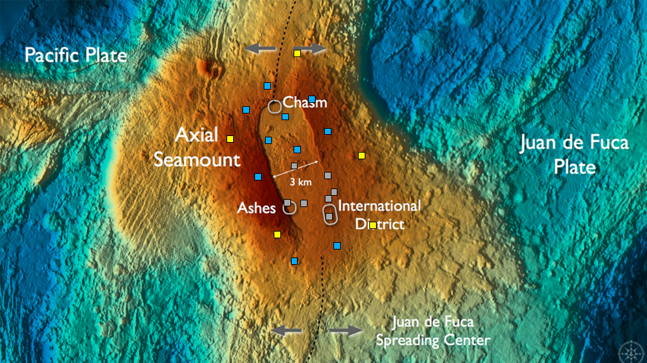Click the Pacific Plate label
pos(76,54)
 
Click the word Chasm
pos(306,103)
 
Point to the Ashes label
pos(257,208)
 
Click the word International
pos(380,206)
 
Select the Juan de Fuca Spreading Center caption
pos(432,331)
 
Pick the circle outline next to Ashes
pos(289,207)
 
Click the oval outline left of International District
pos(329,214)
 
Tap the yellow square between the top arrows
pos(298,53)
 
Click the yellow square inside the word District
pos(373,225)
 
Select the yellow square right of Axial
pos(230,139)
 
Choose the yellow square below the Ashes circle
pos(277,234)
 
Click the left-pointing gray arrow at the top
pos(260,48)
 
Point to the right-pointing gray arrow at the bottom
pos(346,330)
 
